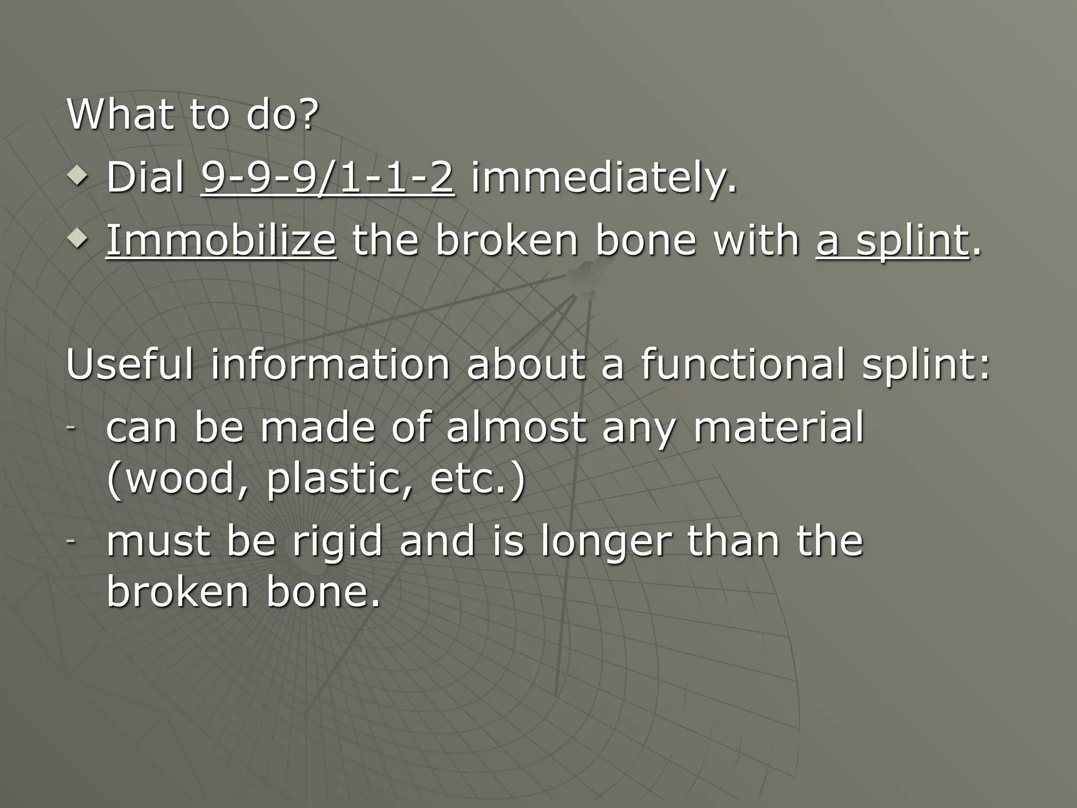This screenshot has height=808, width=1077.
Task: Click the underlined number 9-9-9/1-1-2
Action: [327, 177]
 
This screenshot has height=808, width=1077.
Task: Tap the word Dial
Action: [145, 177]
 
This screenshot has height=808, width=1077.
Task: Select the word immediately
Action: [603, 177]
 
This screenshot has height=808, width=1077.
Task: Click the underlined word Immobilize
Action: [221, 240]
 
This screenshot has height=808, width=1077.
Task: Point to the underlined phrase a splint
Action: [892, 240]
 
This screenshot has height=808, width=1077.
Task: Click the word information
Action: [330, 364]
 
